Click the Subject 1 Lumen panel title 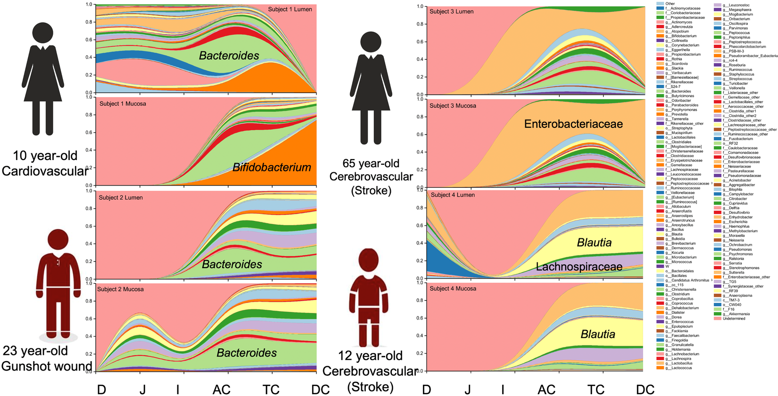290,9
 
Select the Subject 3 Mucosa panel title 453,106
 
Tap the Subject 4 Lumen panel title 453,195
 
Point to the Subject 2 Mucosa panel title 120,289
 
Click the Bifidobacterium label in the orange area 272,168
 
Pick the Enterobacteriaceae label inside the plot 573,124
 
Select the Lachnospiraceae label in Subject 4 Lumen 579,267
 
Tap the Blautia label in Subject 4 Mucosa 598,334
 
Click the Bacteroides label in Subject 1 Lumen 229,56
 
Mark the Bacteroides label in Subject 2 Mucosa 247,353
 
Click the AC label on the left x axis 221,389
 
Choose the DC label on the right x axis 645,389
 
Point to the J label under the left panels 142,389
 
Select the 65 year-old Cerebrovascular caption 371,170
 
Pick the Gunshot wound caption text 47,367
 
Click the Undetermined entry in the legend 734,319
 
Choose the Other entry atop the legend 670,4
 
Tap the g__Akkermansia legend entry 738,314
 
